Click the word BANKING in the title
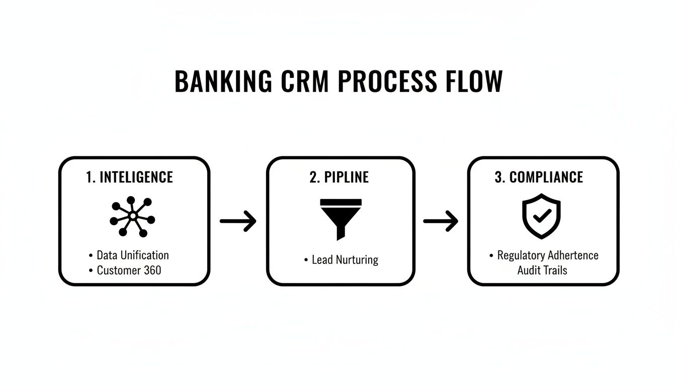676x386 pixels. coord(223,81)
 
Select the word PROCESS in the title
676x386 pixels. coord(388,81)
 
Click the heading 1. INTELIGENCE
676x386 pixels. coord(129,177)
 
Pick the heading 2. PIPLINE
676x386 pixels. coord(339,177)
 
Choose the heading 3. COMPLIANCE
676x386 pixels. coord(539,177)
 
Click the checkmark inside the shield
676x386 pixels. coord(541,217)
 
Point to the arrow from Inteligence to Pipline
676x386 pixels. coord(238,221)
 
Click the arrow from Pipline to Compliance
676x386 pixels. coord(441,221)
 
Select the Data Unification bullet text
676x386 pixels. coord(133,255)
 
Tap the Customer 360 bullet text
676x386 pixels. coord(129,270)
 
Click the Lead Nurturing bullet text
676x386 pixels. coord(345,260)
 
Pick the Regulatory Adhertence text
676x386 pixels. coord(548,255)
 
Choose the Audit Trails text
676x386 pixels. coord(542,270)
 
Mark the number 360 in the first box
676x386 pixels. coord(152,270)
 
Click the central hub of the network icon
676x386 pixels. coord(133,216)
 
